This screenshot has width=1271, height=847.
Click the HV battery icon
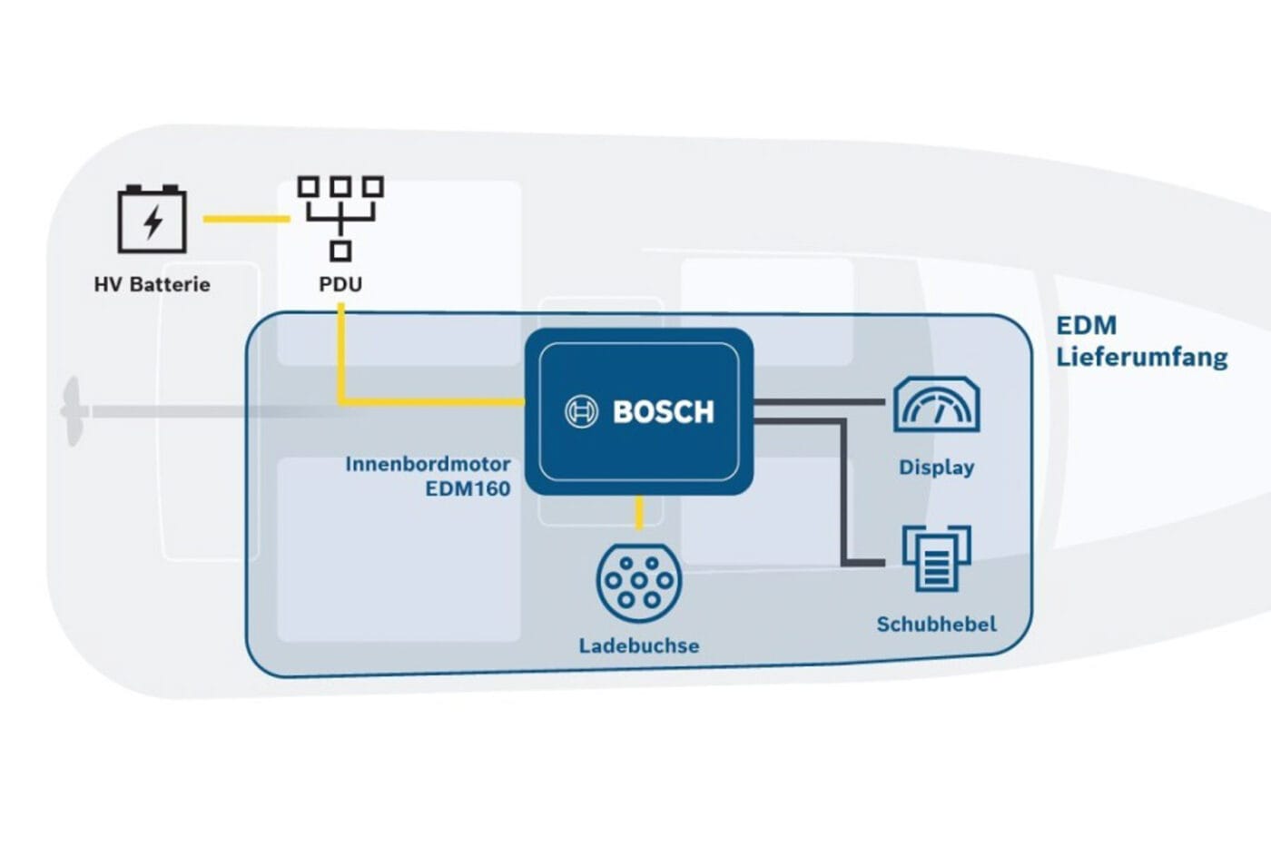152,219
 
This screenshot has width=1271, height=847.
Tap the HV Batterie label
152,284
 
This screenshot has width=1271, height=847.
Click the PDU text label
340,284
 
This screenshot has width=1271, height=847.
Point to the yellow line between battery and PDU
245,219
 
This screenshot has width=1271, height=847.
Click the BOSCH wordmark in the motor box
664,412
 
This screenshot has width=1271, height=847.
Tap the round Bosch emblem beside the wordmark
581,412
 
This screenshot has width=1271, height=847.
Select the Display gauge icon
936,405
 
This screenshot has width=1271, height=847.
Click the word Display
936,468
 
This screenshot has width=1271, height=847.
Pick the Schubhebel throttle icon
936,557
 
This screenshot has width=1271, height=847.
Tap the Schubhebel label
936,625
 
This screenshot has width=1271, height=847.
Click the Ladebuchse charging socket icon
638,582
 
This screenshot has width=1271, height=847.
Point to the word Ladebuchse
638,646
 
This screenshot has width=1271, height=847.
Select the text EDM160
468,488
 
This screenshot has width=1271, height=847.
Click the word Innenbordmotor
428,464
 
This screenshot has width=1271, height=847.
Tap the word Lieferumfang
1141,357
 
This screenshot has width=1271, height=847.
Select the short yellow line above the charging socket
639,513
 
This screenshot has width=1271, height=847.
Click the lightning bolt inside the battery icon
153,222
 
